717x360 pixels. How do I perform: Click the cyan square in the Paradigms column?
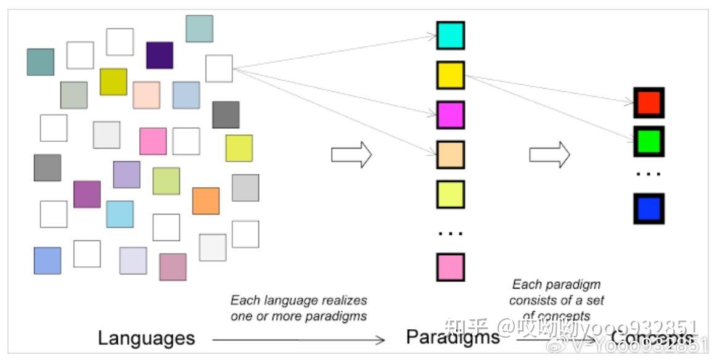click(x=450, y=35)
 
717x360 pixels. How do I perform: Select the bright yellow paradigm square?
click(x=450, y=75)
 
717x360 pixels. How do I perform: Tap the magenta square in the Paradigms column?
click(x=450, y=115)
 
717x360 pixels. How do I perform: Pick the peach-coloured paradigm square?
click(x=450, y=155)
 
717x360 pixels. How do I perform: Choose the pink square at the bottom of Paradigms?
click(x=450, y=267)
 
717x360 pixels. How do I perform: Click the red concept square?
click(x=649, y=102)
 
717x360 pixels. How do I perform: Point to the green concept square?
click(x=649, y=141)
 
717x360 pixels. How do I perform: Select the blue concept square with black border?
click(x=649, y=208)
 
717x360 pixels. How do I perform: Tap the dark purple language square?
click(x=160, y=55)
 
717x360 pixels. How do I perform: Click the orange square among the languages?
click(x=206, y=201)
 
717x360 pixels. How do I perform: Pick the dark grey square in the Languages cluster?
click(x=226, y=115)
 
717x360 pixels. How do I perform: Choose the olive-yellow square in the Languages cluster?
click(x=113, y=81)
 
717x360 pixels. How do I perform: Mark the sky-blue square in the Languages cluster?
click(x=120, y=214)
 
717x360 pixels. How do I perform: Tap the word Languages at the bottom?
click(x=146, y=338)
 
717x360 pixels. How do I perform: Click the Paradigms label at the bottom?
click(x=453, y=337)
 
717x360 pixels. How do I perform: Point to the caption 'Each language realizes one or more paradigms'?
click(x=298, y=308)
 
